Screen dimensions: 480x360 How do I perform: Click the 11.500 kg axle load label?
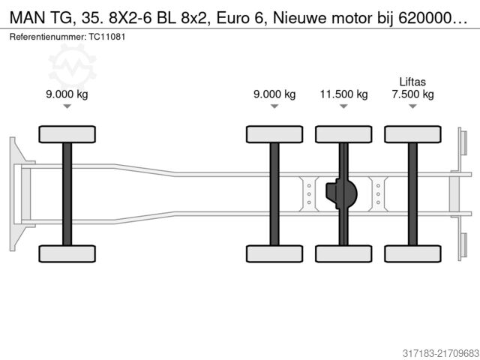tap(343, 94)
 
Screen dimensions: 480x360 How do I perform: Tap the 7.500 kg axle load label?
tap(413, 94)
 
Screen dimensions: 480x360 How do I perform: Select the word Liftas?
tap(412, 82)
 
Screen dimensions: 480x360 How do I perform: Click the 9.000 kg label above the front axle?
tap(67, 94)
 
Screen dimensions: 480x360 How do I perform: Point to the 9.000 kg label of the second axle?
tap(274, 94)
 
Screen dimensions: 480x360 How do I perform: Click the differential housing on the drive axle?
tap(342, 193)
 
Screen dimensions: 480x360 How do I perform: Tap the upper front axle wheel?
tap(67, 134)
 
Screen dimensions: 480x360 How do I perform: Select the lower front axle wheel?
tap(67, 253)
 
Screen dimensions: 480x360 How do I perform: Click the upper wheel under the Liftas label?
tap(413, 134)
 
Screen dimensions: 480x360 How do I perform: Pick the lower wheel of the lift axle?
tap(413, 253)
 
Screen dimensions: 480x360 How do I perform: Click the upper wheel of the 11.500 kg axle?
tap(343, 134)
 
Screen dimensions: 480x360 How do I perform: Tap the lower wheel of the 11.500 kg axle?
tap(343, 253)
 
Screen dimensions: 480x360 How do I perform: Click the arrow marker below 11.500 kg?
tap(343, 106)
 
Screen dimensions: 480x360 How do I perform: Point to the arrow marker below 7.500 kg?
tap(413, 106)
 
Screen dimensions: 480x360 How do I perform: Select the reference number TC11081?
tap(107, 37)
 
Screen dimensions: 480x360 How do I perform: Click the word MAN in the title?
tap(27, 18)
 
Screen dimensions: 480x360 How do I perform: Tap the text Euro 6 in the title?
tap(240, 18)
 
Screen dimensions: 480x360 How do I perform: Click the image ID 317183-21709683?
tap(440, 353)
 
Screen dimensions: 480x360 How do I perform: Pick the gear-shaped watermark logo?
tap(73, 66)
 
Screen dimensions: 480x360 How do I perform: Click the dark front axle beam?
tap(67, 194)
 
